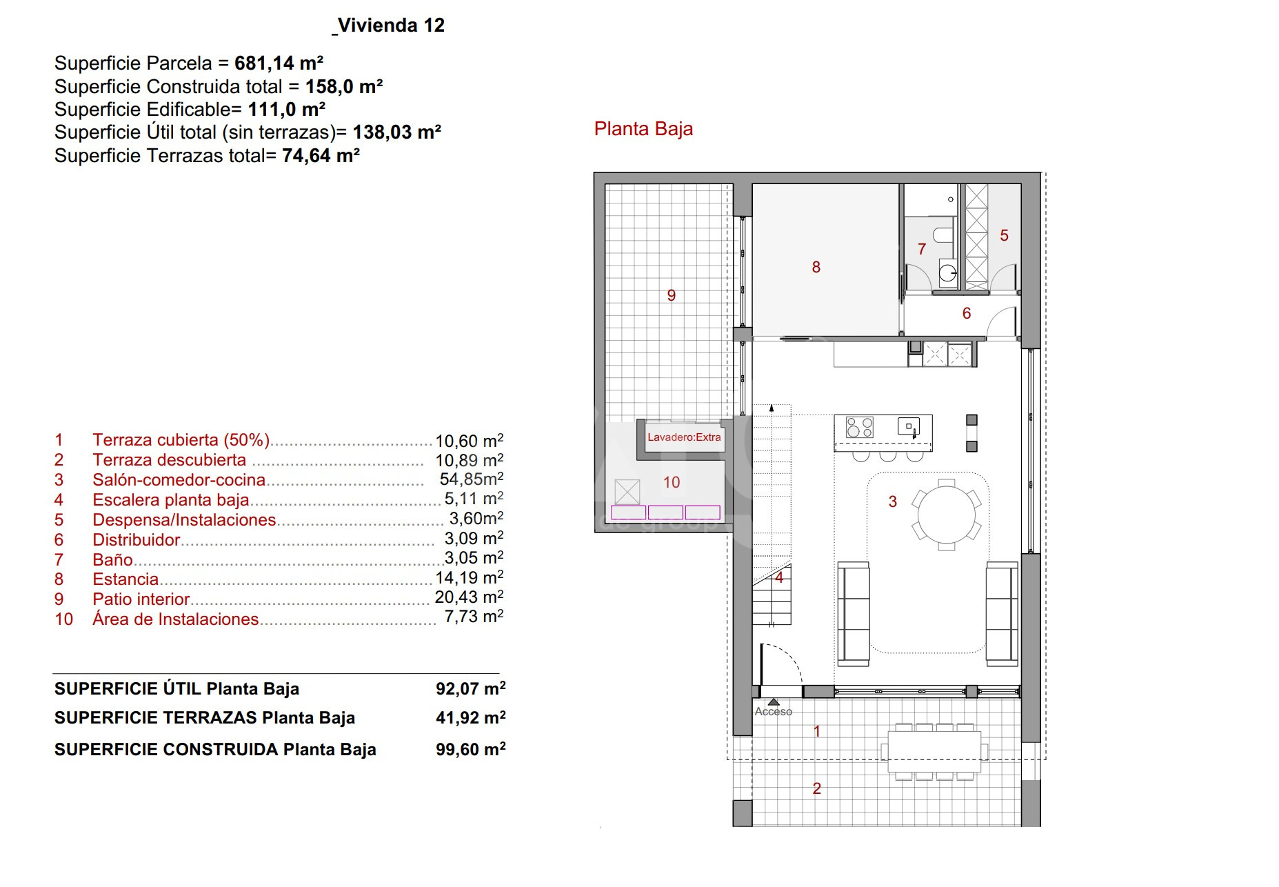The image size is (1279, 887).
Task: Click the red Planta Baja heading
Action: tap(643, 129)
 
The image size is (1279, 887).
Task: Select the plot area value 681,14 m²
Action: tap(279, 63)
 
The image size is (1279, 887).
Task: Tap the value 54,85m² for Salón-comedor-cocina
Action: tap(472, 479)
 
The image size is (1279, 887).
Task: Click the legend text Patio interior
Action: tap(141, 599)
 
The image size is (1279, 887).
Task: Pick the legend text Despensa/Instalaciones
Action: tap(184, 519)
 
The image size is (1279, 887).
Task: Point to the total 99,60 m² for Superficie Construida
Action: tap(470, 749)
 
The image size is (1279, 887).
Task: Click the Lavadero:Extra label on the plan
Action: tap(684, 437)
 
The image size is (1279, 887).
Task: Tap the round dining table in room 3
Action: tap(947, 515)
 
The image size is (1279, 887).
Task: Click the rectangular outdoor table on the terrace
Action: tap(934, 751)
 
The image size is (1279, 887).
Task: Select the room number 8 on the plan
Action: tap(816, 267)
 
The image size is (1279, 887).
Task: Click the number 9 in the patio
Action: tap(672, 295)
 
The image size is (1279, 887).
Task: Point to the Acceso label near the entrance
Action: tap(773, 711)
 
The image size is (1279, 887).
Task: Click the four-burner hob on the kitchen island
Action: tap(860, 427)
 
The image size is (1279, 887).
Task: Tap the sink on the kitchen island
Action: tap(909, 427)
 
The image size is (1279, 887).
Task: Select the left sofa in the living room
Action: tap(854, 614)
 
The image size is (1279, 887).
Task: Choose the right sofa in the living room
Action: tap(1002, 614)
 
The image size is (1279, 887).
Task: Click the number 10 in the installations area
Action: tap(672, 482)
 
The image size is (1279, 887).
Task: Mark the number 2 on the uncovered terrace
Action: tap(817, 788)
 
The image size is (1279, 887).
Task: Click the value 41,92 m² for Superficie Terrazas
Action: tap(470, 718)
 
